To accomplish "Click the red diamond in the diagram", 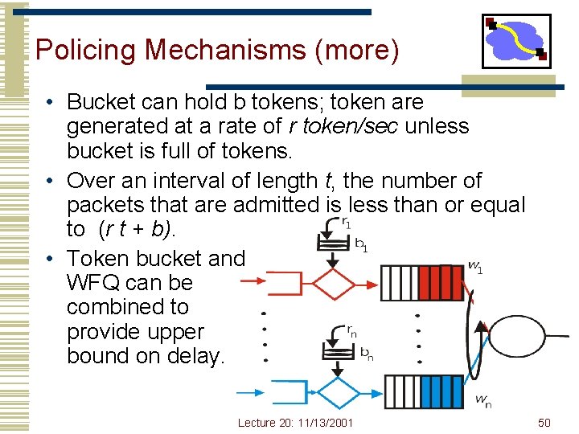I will point(333,283).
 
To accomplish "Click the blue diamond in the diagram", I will point(338,394).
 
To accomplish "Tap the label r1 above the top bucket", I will point(347,223).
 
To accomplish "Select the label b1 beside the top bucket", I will point(361,244).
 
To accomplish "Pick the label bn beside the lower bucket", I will point(366,353).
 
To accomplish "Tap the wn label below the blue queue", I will point(482,400).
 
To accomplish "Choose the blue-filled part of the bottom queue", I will point(448,391).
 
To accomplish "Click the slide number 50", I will point(544,423).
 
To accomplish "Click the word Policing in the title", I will point(86,50).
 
